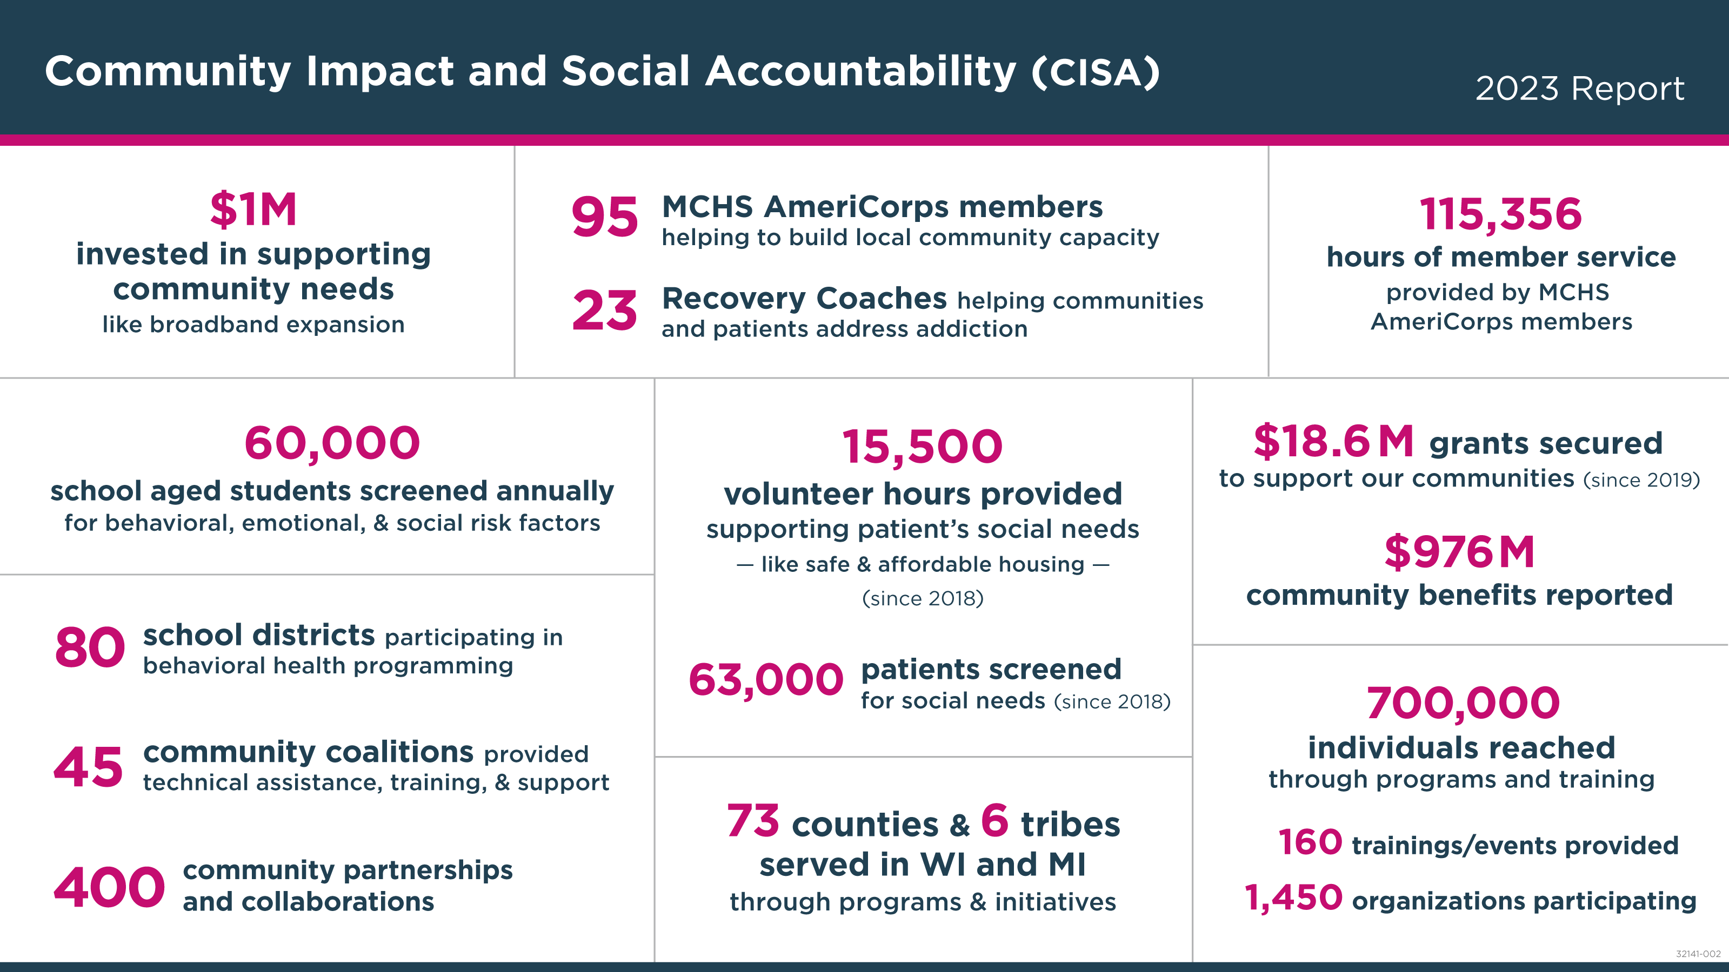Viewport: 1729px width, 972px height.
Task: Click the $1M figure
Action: pos(253,210)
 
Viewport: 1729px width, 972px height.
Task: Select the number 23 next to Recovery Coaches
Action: pos(604,310)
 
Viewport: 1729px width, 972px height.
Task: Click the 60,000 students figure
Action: pos(332,443)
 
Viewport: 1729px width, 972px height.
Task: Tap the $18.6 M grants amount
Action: pos(1333,442)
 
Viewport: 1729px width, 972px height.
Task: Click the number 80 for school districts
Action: pos(90,648)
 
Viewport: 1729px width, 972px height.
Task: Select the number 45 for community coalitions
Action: pos(89,767)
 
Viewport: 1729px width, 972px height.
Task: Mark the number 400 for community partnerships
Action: pos(109,887)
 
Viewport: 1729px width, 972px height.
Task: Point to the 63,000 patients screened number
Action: pos(766,679)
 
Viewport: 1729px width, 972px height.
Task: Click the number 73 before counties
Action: pos(753,821)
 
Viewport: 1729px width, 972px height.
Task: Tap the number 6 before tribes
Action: pos(994,820)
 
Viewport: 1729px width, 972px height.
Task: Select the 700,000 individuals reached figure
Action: pos(1463,703)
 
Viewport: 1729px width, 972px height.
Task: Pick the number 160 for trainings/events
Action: pos(1310,842)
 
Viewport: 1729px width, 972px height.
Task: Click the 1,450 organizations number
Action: pos(1293,897)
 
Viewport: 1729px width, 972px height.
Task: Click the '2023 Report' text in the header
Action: pos(1579,89)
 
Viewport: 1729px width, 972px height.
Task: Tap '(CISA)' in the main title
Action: pos(1096,72)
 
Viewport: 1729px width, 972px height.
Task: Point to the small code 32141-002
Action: pos(1698,954)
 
